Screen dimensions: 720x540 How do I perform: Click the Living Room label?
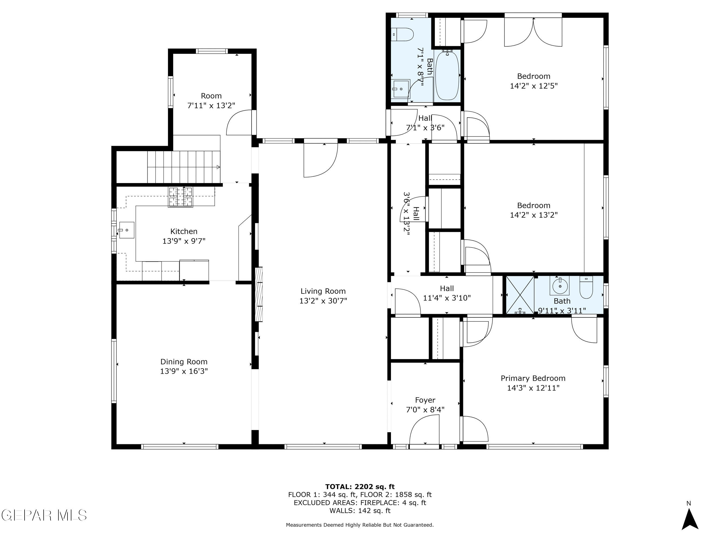coord(323,291)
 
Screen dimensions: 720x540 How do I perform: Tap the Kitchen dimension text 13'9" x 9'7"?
coord(184,241)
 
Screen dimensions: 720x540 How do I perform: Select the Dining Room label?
coord(184,362)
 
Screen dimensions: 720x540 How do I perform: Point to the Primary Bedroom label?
coord(533,378)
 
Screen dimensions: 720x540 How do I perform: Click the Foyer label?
coord(425,400)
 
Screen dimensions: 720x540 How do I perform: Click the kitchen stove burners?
coord(180,197)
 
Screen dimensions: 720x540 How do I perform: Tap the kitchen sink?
coord(127,230)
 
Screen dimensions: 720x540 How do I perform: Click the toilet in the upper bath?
coord(403,34)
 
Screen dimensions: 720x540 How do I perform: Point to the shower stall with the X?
coord(520,295)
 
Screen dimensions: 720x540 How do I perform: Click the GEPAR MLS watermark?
coord(44,515)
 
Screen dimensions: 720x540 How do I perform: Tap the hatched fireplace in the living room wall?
coord(259,294)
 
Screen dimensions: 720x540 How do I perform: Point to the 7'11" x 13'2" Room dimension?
coord(211,106)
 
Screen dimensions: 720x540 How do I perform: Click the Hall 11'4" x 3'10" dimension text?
coord(447,298)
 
